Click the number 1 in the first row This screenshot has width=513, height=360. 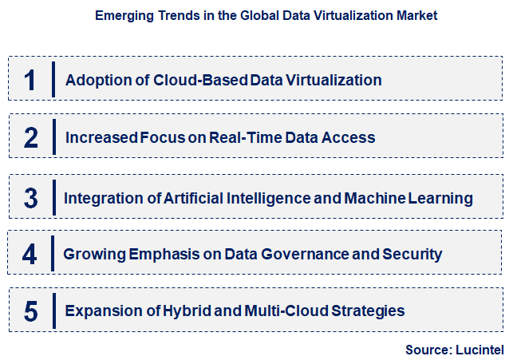coord(30,80)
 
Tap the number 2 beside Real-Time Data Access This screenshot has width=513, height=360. coord(31,137)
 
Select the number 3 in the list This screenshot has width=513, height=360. coord(31,197)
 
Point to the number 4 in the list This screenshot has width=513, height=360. coord(30,255)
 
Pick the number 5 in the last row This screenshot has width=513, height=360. coord(31,311)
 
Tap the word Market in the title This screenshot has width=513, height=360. coord(417,15)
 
